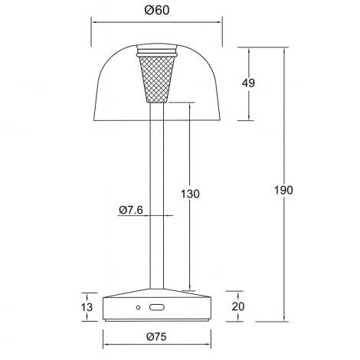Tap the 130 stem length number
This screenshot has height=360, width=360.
click(x=191, y=194)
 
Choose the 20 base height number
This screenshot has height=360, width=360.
click(x=238, y=306)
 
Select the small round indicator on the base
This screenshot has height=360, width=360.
click(x=139, y=307)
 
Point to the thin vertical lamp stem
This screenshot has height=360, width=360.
click(x=156, y=191)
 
